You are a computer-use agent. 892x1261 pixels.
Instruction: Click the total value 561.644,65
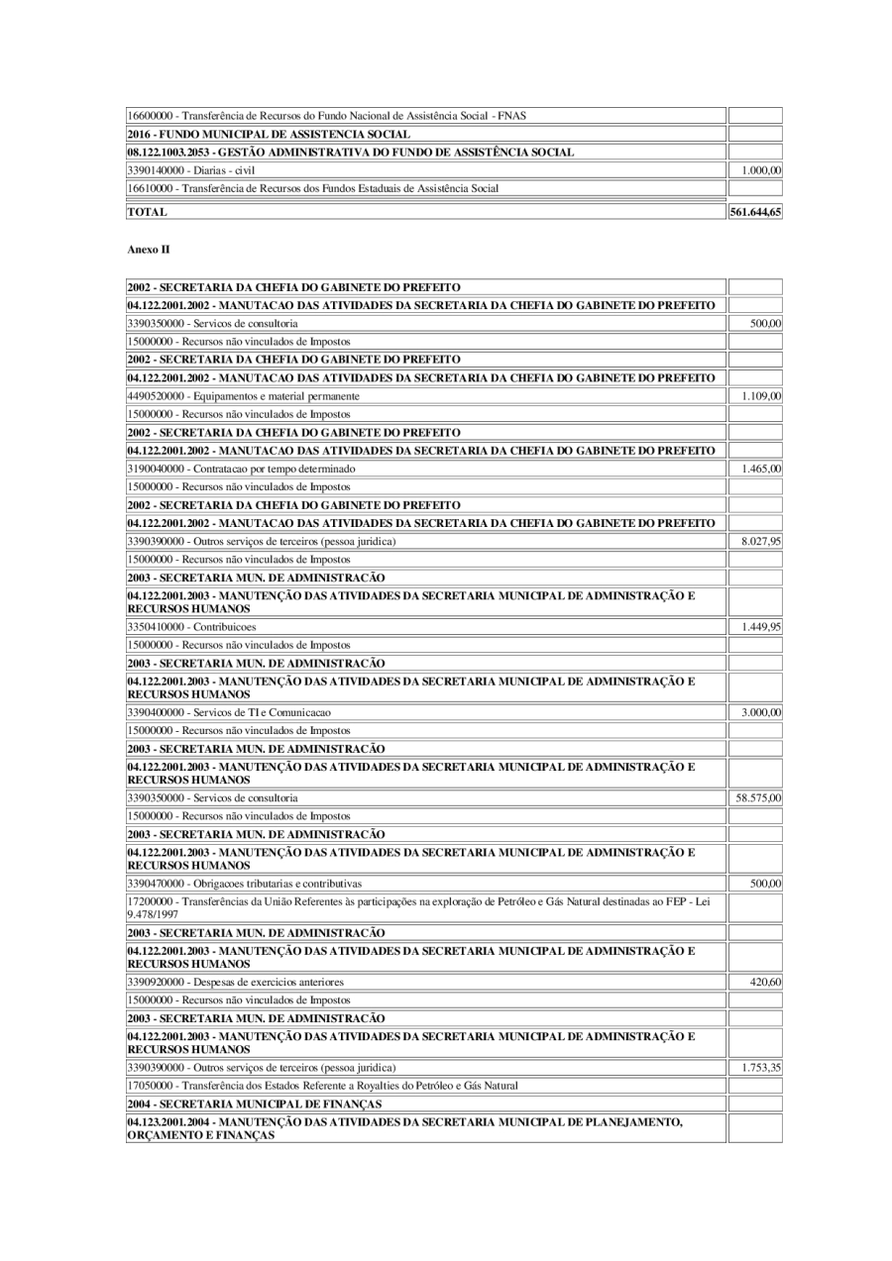point(755,212)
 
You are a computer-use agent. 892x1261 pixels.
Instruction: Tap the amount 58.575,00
point(755,797)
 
